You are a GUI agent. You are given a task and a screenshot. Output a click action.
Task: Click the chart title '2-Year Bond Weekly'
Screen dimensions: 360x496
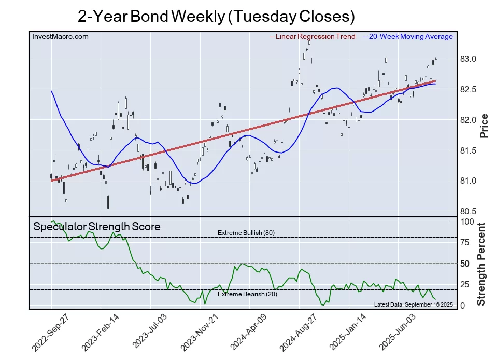coord(216,17)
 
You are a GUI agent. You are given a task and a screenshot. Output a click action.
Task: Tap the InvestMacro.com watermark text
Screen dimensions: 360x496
coord(60,36)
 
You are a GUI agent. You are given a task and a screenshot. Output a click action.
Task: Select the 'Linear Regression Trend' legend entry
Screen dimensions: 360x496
coord(313,36)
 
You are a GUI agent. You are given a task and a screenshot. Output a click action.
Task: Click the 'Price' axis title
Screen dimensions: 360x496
coord(484,126)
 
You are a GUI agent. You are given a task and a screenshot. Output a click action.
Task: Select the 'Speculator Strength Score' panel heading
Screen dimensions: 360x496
coord(97,227)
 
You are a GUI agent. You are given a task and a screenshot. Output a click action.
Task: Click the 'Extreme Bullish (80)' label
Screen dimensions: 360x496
coord(246,233)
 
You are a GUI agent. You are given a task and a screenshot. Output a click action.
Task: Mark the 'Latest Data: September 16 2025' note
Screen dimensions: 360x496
coord(413,304)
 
